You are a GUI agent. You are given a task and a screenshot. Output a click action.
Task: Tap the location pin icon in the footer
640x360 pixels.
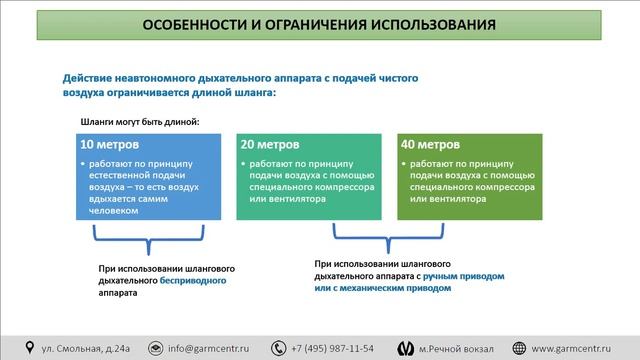pos(29,348)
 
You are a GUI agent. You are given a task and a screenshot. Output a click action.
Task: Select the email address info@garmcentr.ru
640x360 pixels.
pos(209,348)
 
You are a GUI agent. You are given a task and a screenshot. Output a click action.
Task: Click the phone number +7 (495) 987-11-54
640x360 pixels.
pos(333,348)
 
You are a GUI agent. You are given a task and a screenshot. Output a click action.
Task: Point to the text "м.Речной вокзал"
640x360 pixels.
pos(455,348)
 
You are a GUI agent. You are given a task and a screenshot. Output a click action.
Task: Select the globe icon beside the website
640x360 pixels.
pos(520,348)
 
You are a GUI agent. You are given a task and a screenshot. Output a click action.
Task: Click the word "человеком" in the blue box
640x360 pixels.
pos(110,211)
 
